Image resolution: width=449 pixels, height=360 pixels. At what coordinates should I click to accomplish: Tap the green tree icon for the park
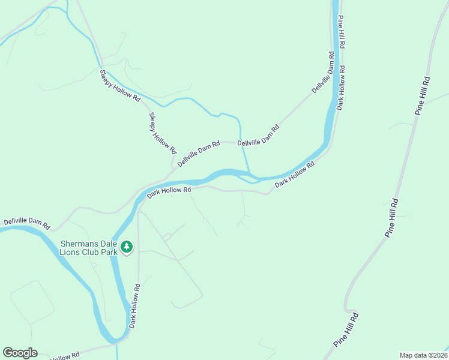tap(127, 247)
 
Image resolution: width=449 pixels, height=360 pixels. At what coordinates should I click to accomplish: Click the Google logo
tap(20, 353)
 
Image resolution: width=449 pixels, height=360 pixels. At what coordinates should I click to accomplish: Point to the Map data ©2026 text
tap(424, 355)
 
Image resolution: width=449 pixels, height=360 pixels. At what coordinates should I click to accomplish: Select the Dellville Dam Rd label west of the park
tap(26, 224)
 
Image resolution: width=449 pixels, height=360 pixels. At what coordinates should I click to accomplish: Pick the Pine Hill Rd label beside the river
tap(341, 32)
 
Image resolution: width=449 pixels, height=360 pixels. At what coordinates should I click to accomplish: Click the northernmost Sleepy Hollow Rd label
tap(120, 86)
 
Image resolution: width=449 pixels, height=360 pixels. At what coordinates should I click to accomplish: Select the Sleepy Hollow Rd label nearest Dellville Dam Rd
tap(162, 133)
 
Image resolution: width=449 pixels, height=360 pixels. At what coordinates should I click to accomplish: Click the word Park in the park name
tap(106, 251)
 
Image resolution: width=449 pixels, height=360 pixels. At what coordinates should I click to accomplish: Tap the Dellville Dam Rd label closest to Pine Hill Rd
tap(323, 73)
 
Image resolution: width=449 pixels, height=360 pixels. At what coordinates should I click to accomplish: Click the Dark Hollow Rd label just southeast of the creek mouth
tap(295, 174)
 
